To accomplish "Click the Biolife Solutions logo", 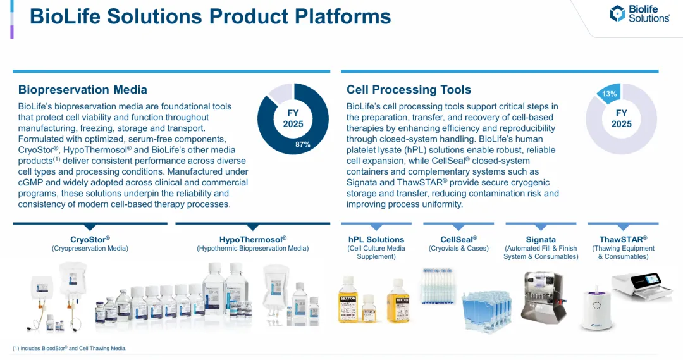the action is pos(639,14).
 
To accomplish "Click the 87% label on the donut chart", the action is pos(303,144).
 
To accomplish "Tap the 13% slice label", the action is pos(609,94).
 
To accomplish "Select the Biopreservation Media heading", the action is pos(83,90).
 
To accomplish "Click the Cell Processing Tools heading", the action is pos(409,90).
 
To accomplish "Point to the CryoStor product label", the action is pos(90,239).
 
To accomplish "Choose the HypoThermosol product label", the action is pos(252,239).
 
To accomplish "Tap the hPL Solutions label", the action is pos(376,239).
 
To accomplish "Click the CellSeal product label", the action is pos(458,239).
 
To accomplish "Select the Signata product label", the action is pos(541,239).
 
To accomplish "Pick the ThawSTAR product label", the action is pos(624,239).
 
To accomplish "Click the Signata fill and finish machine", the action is pos(544,297).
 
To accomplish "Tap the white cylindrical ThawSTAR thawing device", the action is pos(597,310).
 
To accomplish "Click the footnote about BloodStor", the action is pos(70,348).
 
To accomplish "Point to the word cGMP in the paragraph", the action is pos(28,183).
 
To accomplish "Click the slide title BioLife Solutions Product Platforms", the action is pos(210,16).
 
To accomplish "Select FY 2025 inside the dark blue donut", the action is pos(293,118).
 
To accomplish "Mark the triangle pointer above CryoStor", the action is pos(90,227).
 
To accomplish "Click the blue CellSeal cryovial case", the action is pos(486,310).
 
